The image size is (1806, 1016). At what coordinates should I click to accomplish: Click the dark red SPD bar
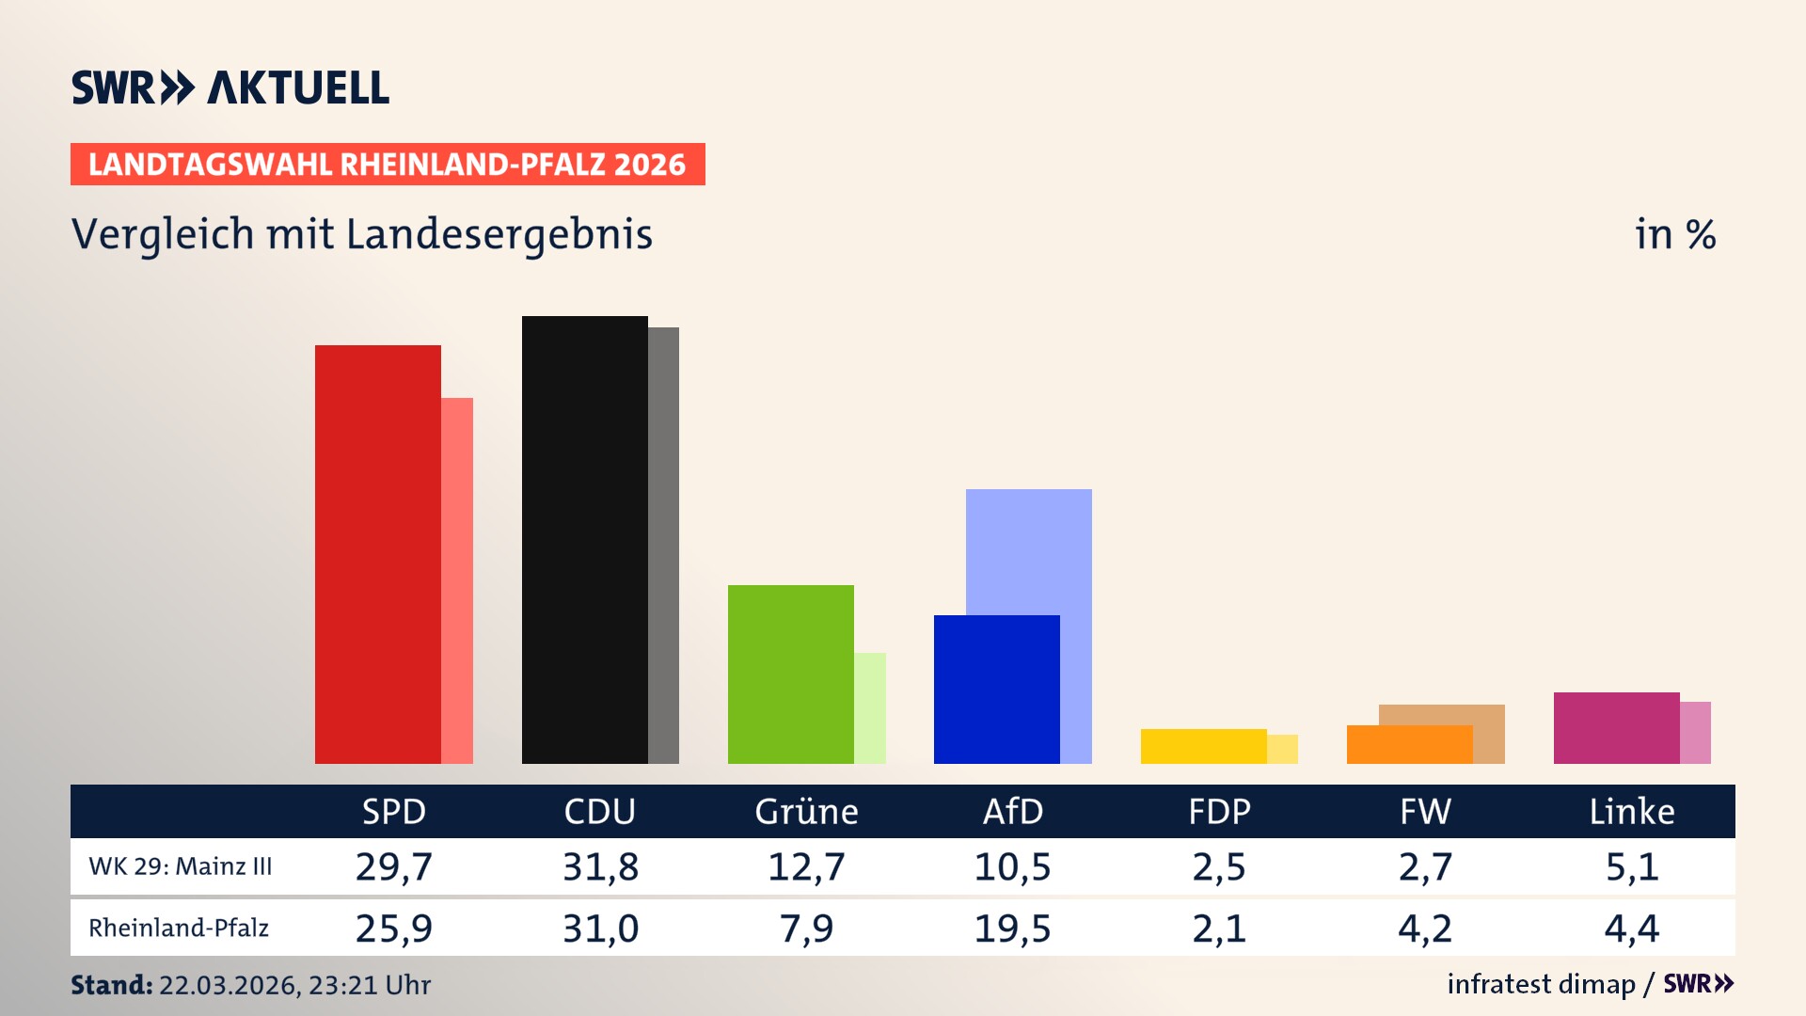coord(377,554)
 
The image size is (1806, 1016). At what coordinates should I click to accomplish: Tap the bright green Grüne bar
coord(790,674)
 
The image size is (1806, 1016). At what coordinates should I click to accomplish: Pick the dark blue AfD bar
coord(996,689)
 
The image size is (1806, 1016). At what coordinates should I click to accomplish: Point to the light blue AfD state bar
coord(1029,550)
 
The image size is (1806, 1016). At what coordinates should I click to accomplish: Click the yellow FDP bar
coord(1203,746)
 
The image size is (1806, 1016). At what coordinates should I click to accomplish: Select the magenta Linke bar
coord(1616,727)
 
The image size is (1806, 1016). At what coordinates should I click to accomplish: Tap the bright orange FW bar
coord(1409,744)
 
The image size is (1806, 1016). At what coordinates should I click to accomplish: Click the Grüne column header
coord(806,811)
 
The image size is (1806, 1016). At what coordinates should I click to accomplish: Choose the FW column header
coord(1425,811)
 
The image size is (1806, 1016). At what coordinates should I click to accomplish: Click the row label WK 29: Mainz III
coord(181,866)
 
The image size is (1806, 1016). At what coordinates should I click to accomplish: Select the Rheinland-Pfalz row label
coord(179,929)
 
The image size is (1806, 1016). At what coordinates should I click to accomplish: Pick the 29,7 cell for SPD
coord(393,866)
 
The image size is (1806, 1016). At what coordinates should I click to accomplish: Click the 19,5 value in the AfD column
coord(1012,929)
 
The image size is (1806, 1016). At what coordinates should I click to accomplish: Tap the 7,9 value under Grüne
coord(806,929)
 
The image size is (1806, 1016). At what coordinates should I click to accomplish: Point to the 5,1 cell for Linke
coord(1632,866)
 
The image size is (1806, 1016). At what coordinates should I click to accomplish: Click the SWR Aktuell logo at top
coord(230,87)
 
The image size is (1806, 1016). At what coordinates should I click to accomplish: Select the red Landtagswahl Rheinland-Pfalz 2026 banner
coord(388,164)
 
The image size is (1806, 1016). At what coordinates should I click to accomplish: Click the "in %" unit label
coord(1675,234)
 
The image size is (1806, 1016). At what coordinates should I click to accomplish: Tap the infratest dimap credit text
coord(1541,984)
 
